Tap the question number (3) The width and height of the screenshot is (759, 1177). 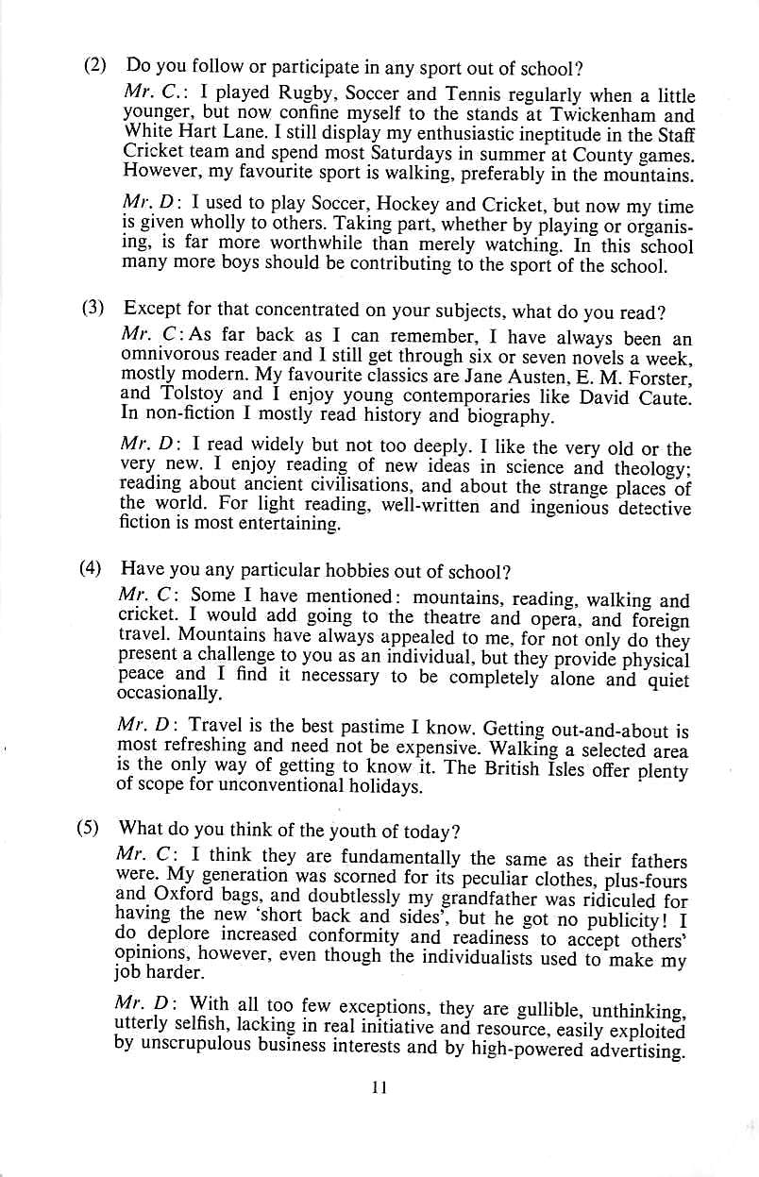[93, 309]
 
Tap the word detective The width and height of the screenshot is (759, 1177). [653, 509]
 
